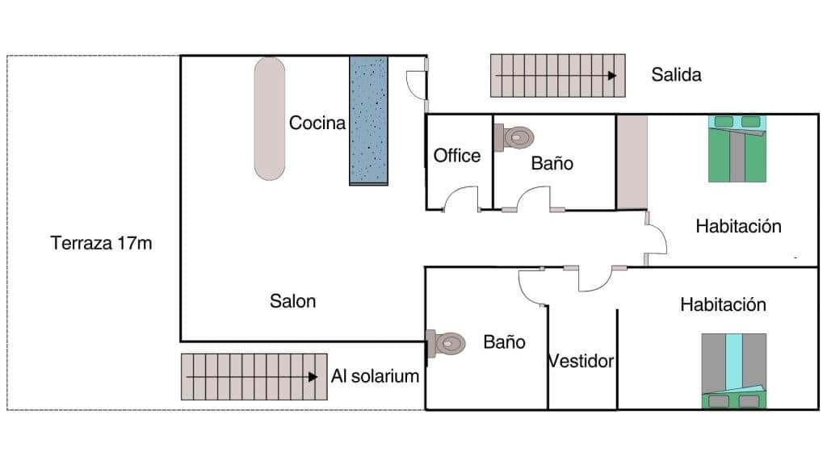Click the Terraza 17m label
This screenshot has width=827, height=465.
(101, 243)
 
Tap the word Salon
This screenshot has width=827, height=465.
(292, 301)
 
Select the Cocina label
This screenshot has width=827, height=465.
(317, 124)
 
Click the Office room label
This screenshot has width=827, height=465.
(457, 156)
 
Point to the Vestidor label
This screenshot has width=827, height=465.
(581, 361)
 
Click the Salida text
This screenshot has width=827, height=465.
(676, 76)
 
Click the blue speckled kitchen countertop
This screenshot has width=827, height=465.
(368, 120)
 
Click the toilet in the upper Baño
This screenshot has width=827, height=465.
(514, 136)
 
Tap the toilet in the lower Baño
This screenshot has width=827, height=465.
(447, 344)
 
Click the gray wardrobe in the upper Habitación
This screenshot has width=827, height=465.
(632, 161)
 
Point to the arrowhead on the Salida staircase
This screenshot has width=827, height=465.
(612, 75)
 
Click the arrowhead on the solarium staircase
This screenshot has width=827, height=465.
(313, 376)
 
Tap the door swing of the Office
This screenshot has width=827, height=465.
(460, 199)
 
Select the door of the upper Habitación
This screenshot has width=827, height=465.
(656, 240)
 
